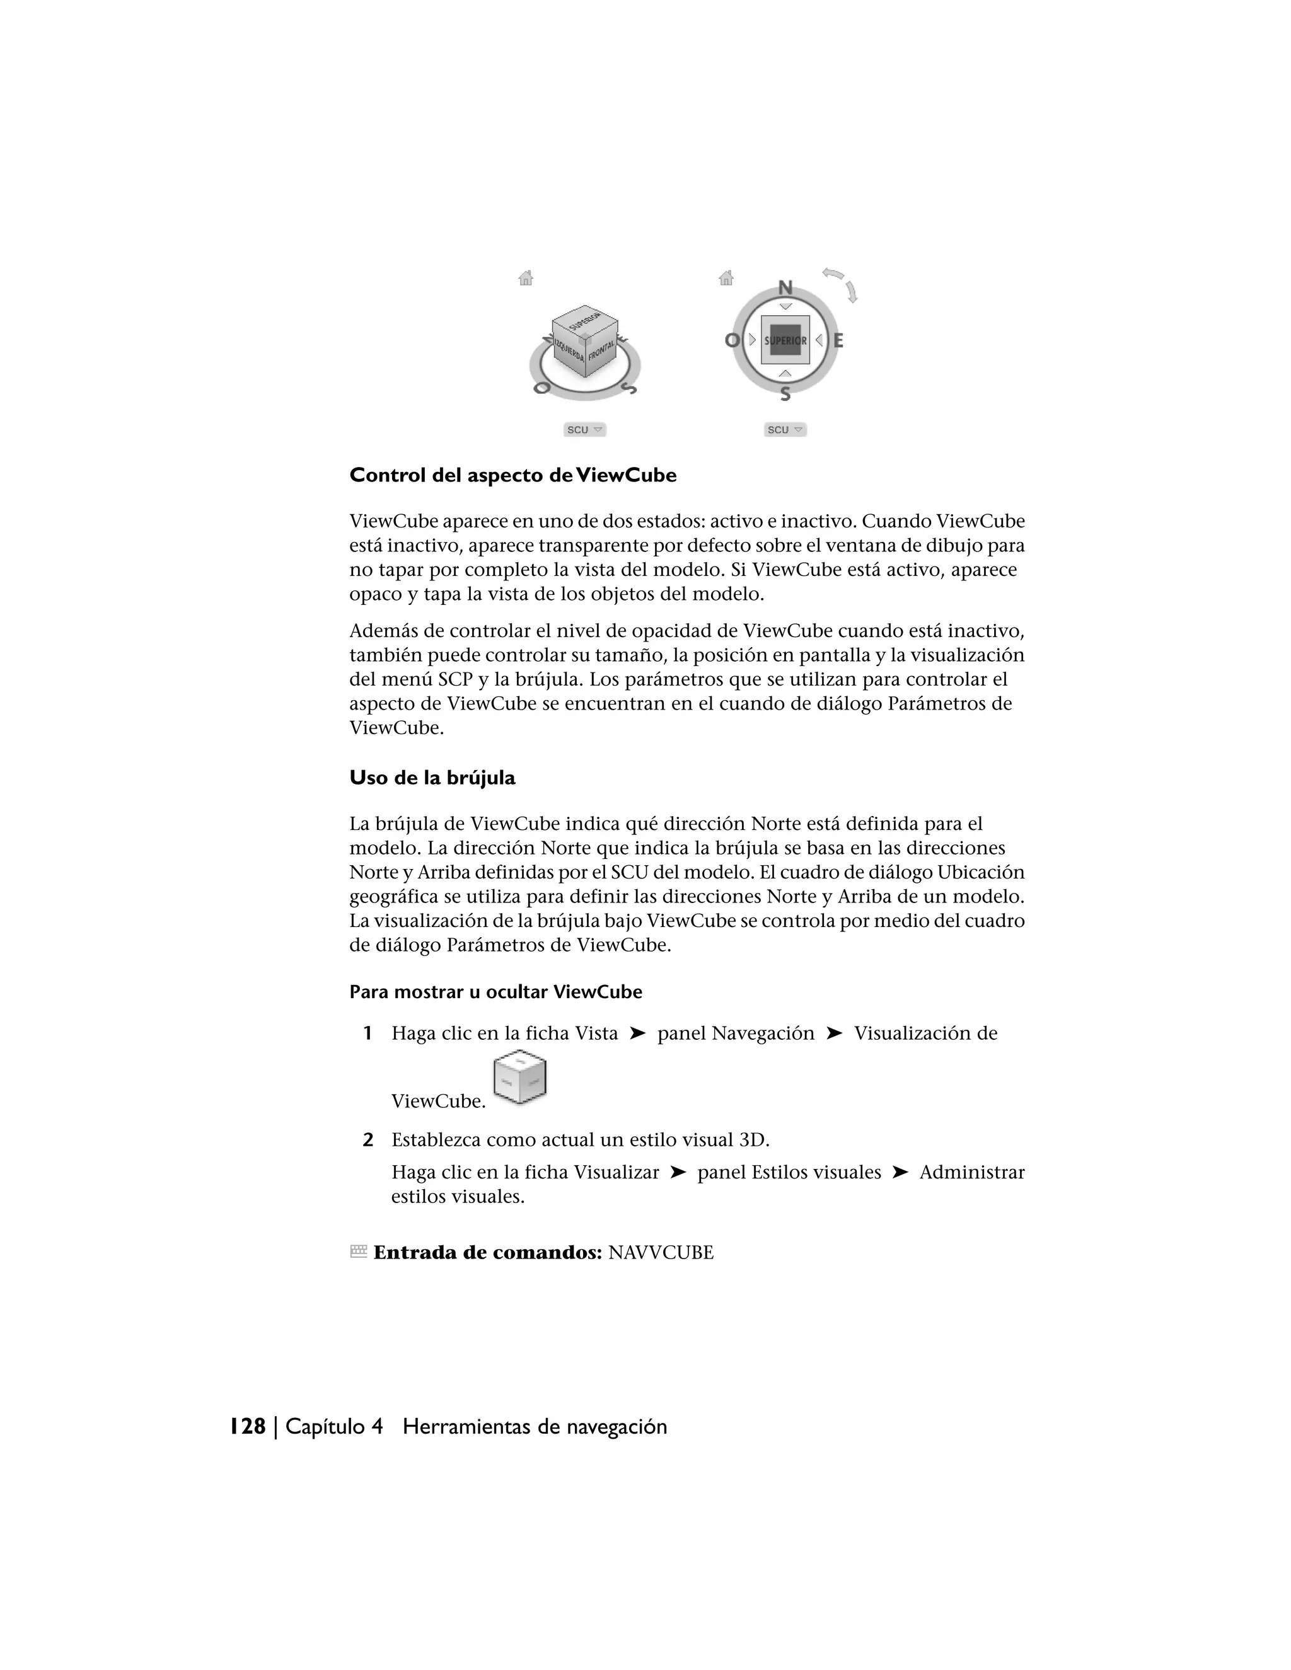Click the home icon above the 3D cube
[526, 279]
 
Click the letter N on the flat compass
[785, 288]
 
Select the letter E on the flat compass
[838, 340]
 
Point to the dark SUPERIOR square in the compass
[785, 340]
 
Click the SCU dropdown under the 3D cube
[585, 430]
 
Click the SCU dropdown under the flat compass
[785, 430]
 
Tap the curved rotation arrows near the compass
[842, 283]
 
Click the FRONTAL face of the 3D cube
[602, 354]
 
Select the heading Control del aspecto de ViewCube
[512, 476]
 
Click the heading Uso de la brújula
[432, 778]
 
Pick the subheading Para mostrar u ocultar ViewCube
[495, 993]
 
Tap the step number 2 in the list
[368, 1140]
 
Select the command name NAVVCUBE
[660, 1253]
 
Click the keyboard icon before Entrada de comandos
[358, 1252]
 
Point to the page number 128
[248, 1427]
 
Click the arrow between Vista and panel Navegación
[637, 1034]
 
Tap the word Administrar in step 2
[971, 1172]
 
